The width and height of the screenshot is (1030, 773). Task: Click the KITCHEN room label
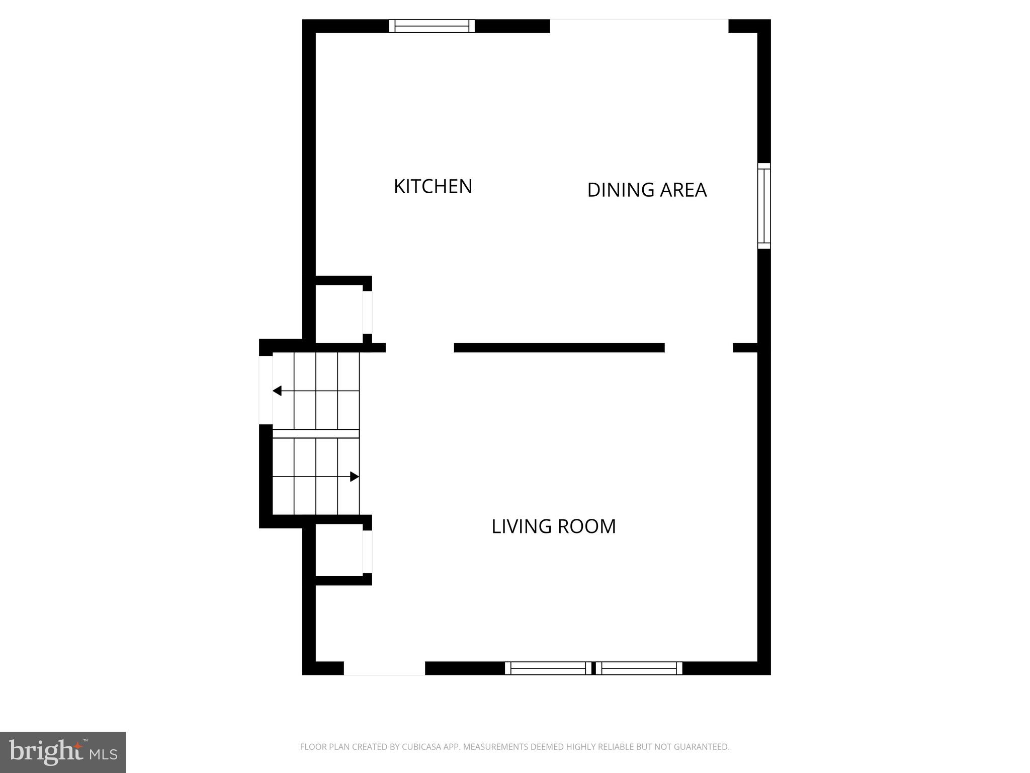click(433, 187)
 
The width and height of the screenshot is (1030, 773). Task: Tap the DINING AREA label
click(647, 190)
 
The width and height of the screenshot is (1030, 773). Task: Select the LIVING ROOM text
click(553, 526)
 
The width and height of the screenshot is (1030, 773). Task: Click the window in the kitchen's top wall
click(432, 26)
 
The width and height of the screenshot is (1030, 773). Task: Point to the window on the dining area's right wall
click(764, 206)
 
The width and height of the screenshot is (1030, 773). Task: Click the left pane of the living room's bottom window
click(548, 668)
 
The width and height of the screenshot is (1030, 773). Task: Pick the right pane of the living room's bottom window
click(639, 668)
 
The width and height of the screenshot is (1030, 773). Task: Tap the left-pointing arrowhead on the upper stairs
click(277, 391)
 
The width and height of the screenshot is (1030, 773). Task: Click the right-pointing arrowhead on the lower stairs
click(355, 477)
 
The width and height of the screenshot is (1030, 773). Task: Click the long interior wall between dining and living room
click(559, 348)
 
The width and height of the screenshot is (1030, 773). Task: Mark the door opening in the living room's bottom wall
click(384, 668)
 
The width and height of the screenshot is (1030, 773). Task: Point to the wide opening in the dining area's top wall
click(639, 26)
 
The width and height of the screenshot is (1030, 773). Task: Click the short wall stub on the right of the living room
click(745, 348)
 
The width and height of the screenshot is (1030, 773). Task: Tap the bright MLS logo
click(63, 752)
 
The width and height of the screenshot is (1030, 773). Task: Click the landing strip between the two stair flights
click(316, 434)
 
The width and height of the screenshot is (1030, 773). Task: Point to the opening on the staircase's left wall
click(266, 390)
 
